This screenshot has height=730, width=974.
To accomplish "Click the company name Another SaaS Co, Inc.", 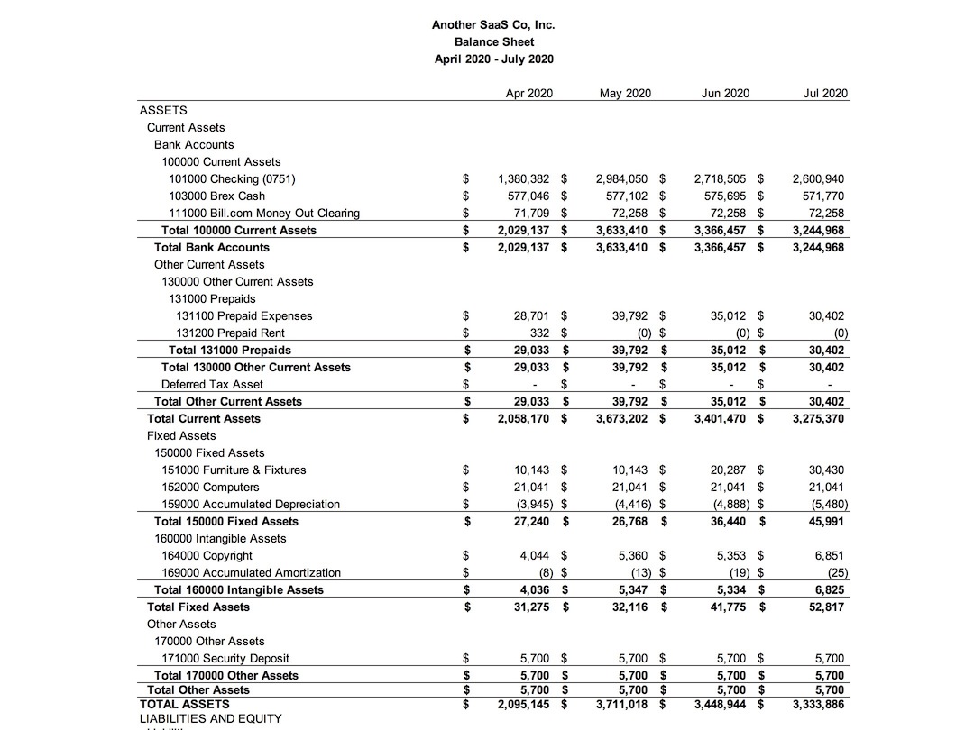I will (493, 25).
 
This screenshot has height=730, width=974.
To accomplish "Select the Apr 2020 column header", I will (529, 93).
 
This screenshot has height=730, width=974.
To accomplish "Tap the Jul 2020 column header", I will (825, 93).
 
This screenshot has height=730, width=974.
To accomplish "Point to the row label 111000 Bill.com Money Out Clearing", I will (264, 214).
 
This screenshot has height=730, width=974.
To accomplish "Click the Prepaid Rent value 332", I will (539, 333).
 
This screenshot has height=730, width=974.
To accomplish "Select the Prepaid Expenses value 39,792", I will (631, 316).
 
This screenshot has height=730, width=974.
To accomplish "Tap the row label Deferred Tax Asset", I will (212, 385).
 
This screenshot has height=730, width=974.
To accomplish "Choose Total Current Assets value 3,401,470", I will (720, 419).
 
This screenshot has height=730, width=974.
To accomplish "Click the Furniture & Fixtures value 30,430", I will (826, 470).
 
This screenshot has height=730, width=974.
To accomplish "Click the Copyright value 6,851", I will (830, 556).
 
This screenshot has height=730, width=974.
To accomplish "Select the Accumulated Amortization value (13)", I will (641, 573).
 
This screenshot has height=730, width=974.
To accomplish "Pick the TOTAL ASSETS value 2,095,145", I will (523, 705).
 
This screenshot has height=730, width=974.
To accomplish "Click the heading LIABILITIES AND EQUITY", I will (210, 719).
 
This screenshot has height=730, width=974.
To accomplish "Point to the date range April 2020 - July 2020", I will (493, 59).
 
